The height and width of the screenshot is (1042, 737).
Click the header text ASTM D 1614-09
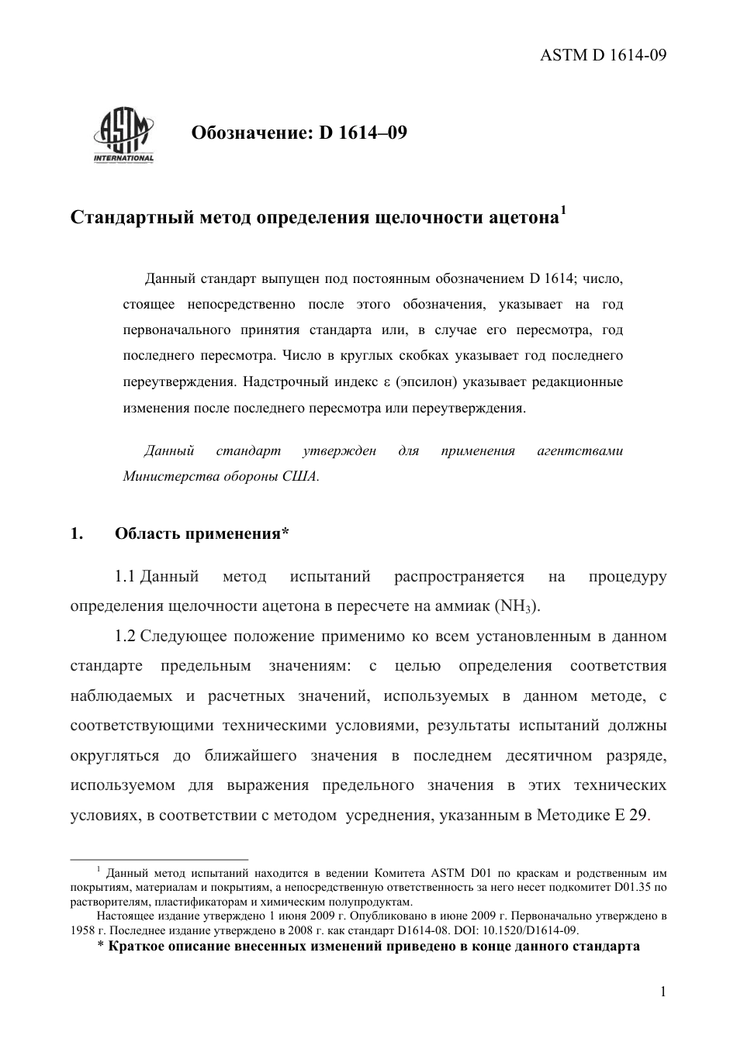tap(603, 55)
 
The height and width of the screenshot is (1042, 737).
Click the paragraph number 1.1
tap(126, 577)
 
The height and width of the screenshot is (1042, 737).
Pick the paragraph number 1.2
tap(126, 637)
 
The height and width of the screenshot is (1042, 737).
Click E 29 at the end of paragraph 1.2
tap(630, 815)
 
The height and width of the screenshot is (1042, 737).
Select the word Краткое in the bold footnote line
tap(136, 947)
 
